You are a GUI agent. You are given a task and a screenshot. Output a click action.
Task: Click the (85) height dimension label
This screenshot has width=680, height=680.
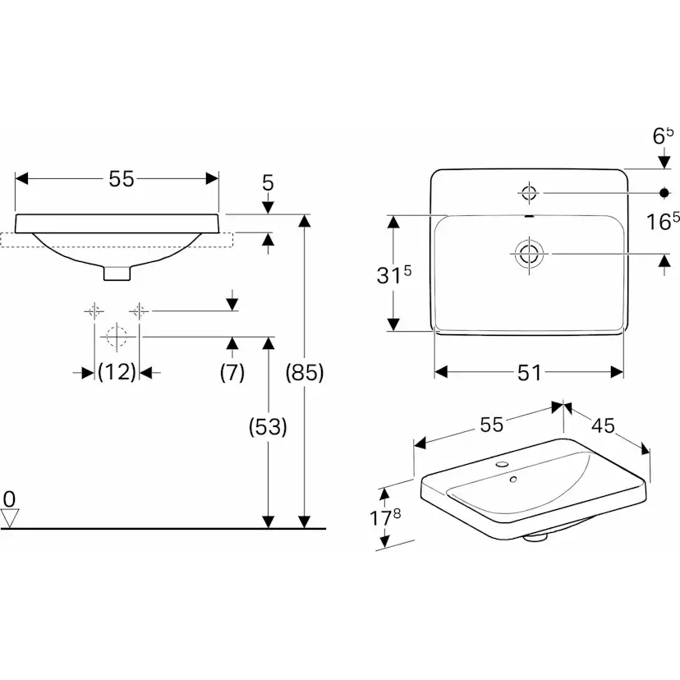pyautogui.click(x=305, y=372)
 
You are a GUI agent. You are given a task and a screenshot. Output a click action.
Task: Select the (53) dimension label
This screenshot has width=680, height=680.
pyautogui.click(x=268, y=427)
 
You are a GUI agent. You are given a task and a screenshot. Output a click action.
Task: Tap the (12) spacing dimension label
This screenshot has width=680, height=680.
pyautogui.click(x=117, y=372)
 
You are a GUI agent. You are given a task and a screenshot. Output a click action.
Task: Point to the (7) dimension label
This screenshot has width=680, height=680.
pyautogui.click(x=232, y=372)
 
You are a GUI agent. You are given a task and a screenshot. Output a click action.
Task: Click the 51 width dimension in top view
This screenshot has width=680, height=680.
pyautogui.click(x=529, y=373)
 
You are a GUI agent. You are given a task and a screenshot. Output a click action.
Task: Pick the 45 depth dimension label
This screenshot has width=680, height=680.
pyautogui.click(x=604, y=426)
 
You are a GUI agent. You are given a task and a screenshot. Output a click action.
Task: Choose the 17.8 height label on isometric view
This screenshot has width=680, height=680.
pyautogui.click(x=384, y=517)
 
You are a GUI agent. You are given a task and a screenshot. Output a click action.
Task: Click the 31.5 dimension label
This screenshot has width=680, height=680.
pyautogui.click(x=393, y=275)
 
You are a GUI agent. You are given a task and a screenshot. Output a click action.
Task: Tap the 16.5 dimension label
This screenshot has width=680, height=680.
pyautogui.click(x=663, y=221)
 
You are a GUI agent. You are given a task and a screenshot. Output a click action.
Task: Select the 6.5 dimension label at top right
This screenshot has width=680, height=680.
pyautogui.click(x=664, y=136)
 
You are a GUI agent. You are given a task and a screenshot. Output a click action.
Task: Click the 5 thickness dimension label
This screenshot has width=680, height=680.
pyautogui.click(x=268, y=183)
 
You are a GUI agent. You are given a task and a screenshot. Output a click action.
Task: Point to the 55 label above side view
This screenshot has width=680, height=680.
pyautogui.click(x=122, y=179)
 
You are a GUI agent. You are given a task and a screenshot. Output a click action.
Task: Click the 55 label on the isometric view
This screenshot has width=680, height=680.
pyautogui.click(x=491, y=425)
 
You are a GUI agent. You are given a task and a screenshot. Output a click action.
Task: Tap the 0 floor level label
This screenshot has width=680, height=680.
pyautogui.click(x=9, y=499)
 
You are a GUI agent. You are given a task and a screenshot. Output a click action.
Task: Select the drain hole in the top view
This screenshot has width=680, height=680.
pyautogui.click(x=529, y=254)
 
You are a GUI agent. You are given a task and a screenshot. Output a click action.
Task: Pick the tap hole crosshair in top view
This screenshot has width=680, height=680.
pyautogui.click(x=529, y=192)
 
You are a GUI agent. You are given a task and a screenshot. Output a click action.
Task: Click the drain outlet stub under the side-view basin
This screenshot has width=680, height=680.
pyautogui.click(x=117, y=273)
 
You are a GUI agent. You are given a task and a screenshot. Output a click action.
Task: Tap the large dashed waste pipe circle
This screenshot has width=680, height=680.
pyautogui.click(x=117, y=336)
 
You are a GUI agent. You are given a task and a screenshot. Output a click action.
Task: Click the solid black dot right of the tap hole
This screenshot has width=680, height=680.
pyautogui.click(x=664, y=192)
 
